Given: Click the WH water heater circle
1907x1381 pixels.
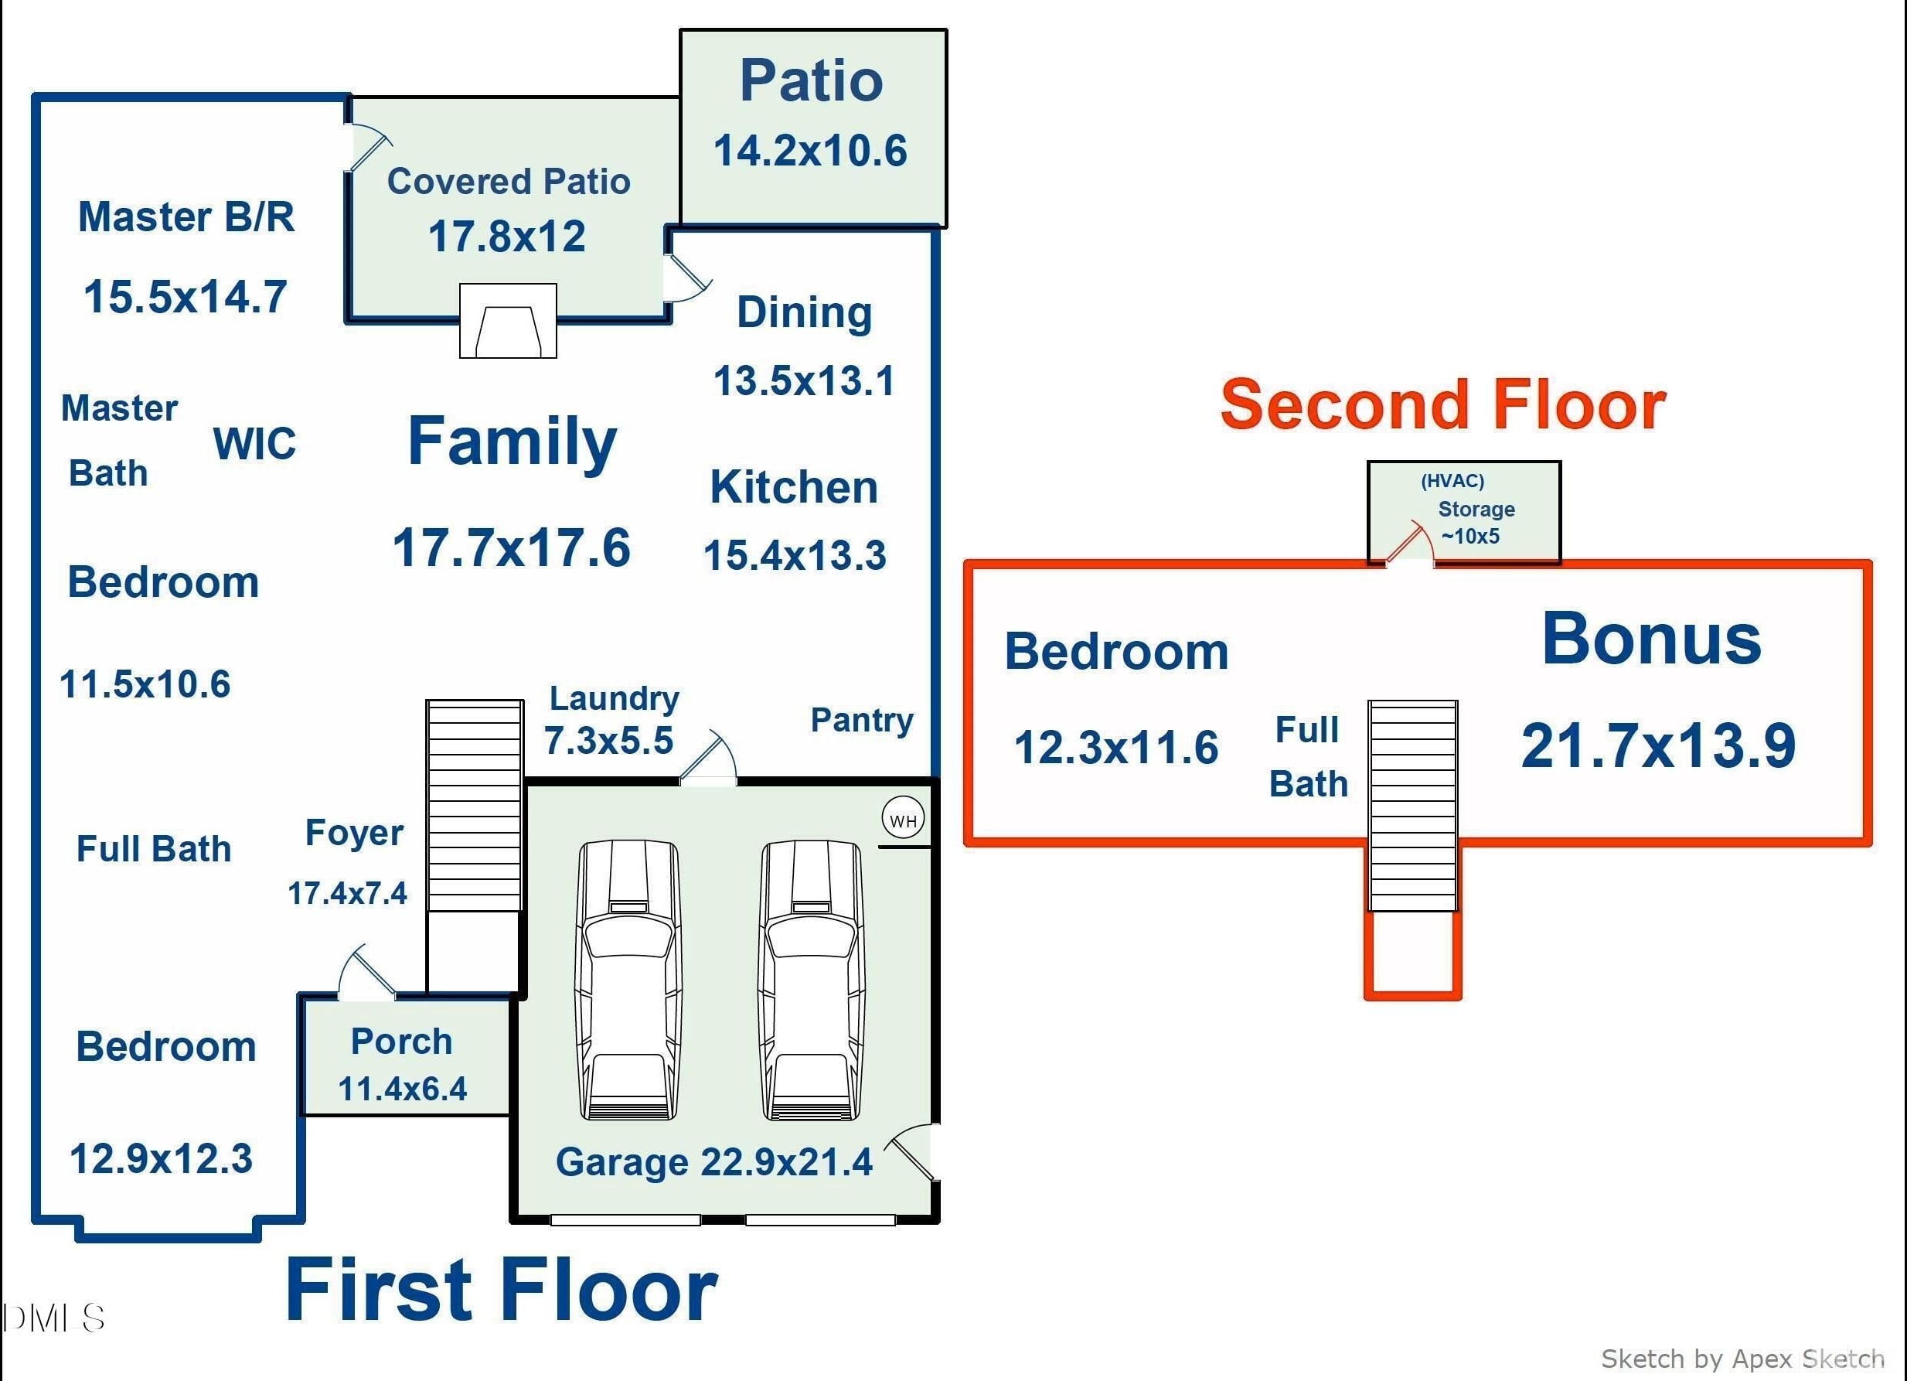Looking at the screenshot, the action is click(x=903, y=817).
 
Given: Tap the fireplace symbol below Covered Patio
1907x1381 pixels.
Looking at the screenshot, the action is click(x=508, y=320).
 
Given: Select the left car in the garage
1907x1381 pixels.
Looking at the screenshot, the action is click(x=628, y=980).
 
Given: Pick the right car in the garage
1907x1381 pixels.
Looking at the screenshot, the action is click(x=812, y=980).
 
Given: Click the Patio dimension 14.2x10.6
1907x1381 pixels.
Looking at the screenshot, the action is click(x=811, y=152).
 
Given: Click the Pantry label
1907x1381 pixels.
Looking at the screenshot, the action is click(x=862, y=720).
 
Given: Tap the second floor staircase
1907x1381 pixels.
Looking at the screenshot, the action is click(x=1412, y=806).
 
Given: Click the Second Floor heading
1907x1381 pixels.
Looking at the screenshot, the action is click(x=1443, y=404).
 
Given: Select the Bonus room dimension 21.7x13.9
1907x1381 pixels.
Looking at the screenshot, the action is click(x=1658, y=745).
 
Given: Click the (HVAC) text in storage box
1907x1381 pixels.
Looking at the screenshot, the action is click(x=1452, y=481).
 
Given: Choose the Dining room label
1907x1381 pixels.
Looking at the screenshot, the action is click(x=805, y=313).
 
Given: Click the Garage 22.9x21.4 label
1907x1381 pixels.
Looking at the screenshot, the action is click(x=713, y=1162).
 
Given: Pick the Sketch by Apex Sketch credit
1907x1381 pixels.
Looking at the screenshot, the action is click(x=1742, y=1359).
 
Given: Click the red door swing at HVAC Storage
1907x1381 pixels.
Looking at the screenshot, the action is click(x=1410, y=540).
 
